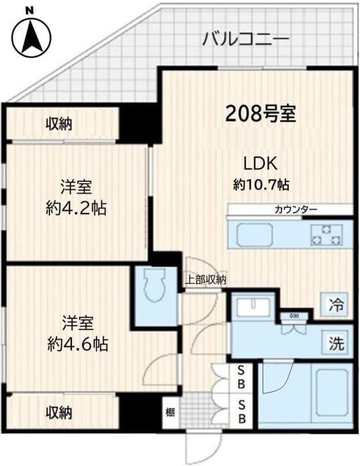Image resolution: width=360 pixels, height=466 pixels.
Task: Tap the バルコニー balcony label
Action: coord(246,38)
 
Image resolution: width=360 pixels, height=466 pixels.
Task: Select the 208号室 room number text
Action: coord(261,113)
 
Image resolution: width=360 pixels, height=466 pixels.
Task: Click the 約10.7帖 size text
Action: coord(261,183)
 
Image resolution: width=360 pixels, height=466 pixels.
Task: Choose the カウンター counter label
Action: coord(296,210)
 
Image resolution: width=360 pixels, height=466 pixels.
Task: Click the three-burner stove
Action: coord(326,234)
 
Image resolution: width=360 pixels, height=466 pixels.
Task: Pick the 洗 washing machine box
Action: coord(336,344)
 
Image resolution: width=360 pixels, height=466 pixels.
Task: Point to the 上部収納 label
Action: coord(206,280)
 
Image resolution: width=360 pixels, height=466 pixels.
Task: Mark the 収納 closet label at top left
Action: coord(59,124)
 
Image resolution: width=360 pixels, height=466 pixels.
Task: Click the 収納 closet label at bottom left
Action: coord(59,412)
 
